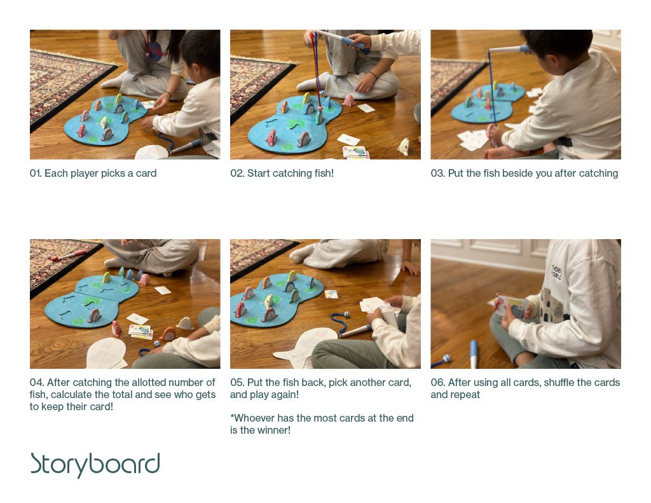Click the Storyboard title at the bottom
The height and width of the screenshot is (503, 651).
pos(95,464)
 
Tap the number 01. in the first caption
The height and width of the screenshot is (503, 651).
pos(36,173)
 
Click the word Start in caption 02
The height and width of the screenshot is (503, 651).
pos(257,173)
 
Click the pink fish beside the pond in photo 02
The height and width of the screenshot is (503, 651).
pos(348,100)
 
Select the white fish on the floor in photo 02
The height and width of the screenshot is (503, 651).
pos(403,147)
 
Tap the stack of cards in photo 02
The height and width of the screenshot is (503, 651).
pos(355,152)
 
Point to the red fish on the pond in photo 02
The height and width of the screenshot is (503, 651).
pos(271,138)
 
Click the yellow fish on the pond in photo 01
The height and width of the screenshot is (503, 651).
pos(119,99)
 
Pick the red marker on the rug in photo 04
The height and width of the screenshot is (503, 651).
pos(67,255)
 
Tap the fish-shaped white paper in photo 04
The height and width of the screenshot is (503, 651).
pos(106,354)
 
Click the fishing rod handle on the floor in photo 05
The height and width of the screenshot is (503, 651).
pos(355,330)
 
